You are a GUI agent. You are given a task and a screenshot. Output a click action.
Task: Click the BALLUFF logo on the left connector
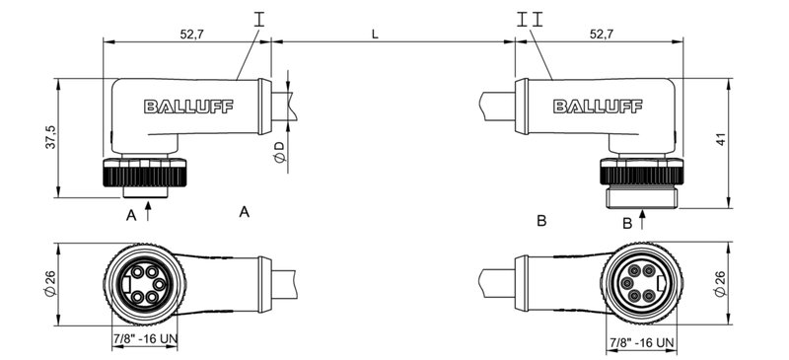[188, 108]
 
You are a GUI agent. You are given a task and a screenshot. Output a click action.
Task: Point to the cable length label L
[375, 34]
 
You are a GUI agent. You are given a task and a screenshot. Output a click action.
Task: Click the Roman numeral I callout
[259, 19]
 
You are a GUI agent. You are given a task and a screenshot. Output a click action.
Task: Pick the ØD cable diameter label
[279, 152]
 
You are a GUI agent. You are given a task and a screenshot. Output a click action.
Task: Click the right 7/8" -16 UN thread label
[642, 342]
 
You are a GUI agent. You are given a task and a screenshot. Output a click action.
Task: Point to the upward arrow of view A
[148, 209]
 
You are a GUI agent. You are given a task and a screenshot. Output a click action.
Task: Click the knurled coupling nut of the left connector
[142, 177]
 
